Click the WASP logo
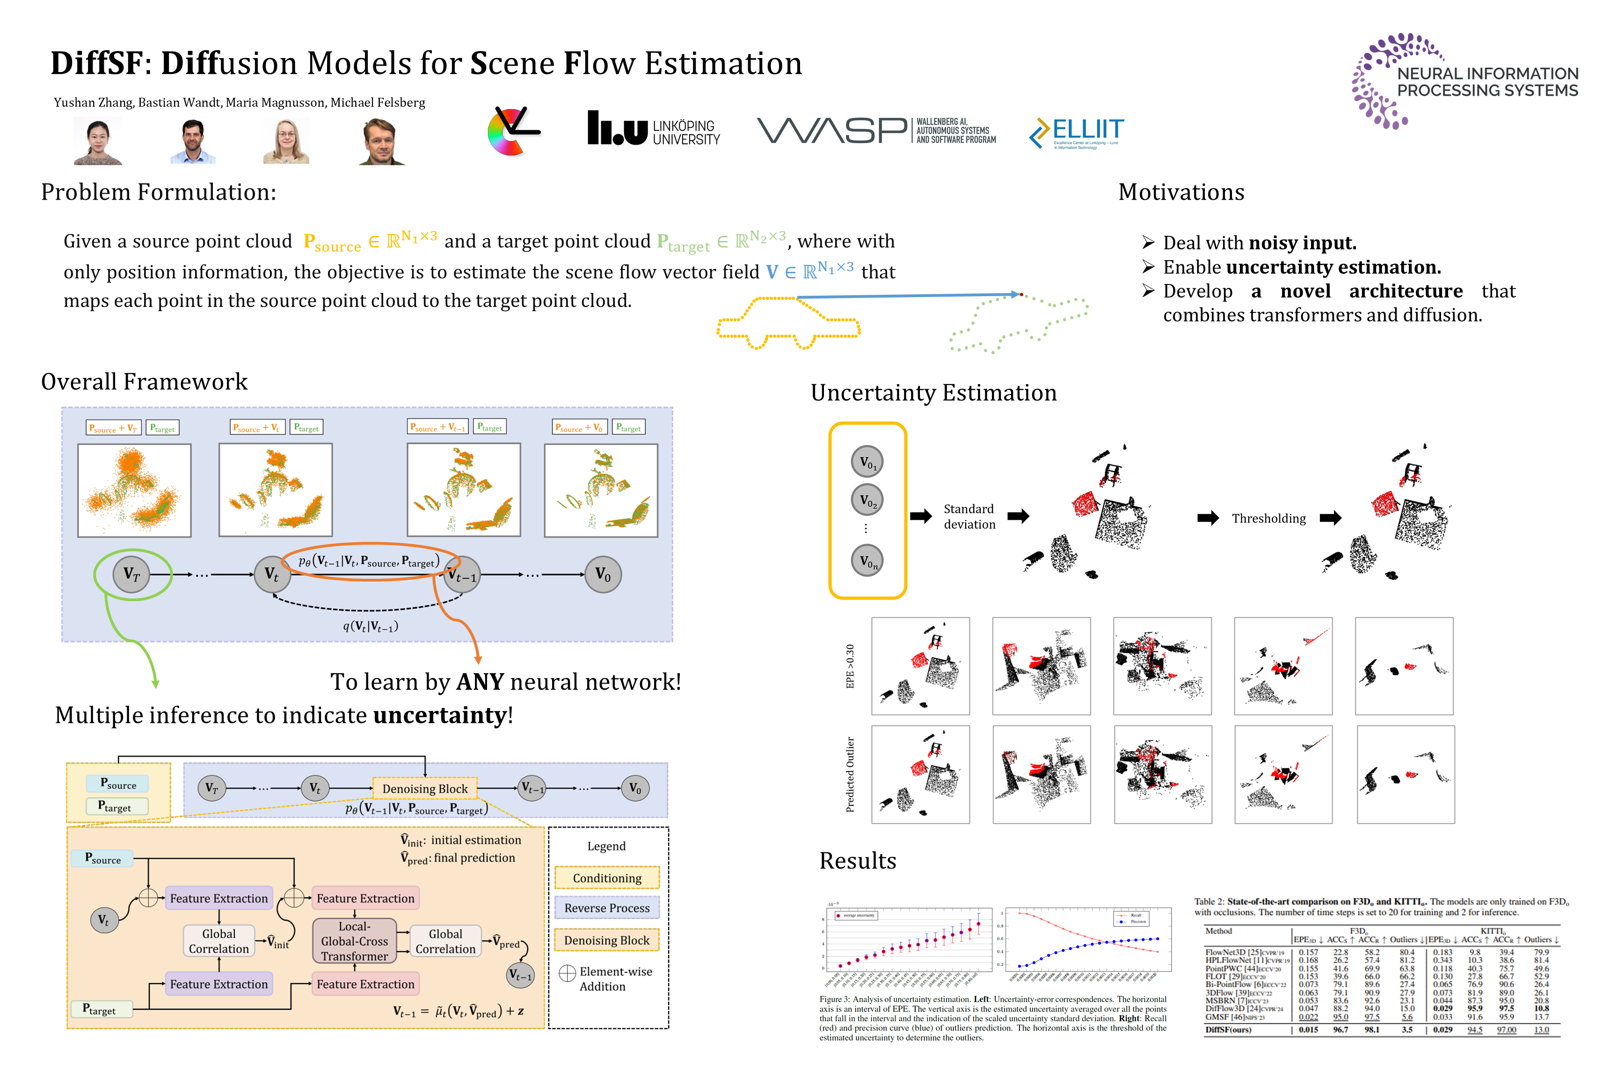876,130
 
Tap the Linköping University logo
653,129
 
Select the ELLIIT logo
1076,132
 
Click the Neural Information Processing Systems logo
1464,81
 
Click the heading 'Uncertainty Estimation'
933,393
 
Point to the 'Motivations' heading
1180,192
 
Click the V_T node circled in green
132,574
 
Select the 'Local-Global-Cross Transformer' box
354,941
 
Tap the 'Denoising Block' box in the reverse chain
425,788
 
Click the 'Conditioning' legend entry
606,878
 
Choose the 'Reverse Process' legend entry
606,908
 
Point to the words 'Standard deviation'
969,517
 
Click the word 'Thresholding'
1268,518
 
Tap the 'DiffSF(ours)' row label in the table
1228,1030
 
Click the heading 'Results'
857,861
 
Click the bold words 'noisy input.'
1302,243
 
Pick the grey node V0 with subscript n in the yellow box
867,561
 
